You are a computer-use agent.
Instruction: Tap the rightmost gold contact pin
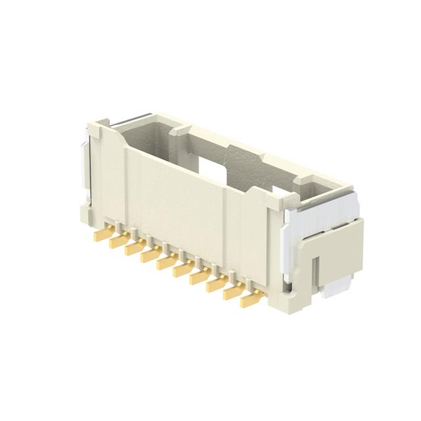(249, 301)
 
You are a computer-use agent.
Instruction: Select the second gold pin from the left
(118, 241)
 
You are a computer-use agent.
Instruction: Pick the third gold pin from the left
(135, 249)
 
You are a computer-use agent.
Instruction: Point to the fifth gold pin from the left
(166, 263)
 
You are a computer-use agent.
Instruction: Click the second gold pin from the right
(232, 293)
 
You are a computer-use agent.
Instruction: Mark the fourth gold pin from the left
(151, 256)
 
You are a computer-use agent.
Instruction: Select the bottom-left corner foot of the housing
(86, 212)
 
